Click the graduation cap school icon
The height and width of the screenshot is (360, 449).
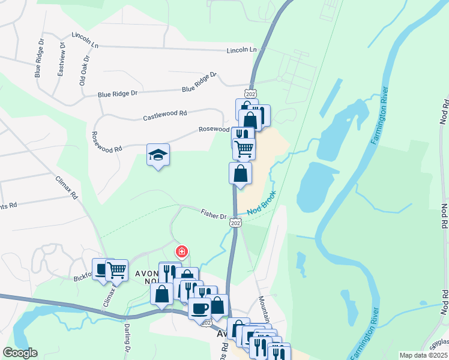point(158,155)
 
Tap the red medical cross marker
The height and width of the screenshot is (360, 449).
point(181,252)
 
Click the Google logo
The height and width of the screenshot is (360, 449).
point(20,353)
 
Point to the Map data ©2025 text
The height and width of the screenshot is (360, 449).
point(423,355)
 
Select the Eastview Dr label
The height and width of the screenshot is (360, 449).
point(61,59)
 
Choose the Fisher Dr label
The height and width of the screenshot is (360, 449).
point(213,213)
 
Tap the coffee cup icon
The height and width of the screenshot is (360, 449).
point(199,308)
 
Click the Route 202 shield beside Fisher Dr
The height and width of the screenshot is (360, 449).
point(235,223)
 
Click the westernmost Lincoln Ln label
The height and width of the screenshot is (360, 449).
point(85,36)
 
